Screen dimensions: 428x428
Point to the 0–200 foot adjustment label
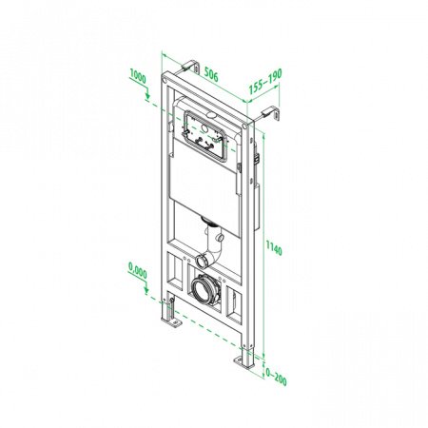275,379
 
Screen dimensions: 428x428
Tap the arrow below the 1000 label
146,94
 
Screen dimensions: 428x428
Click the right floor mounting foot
244,363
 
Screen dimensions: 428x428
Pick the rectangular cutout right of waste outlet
232,304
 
